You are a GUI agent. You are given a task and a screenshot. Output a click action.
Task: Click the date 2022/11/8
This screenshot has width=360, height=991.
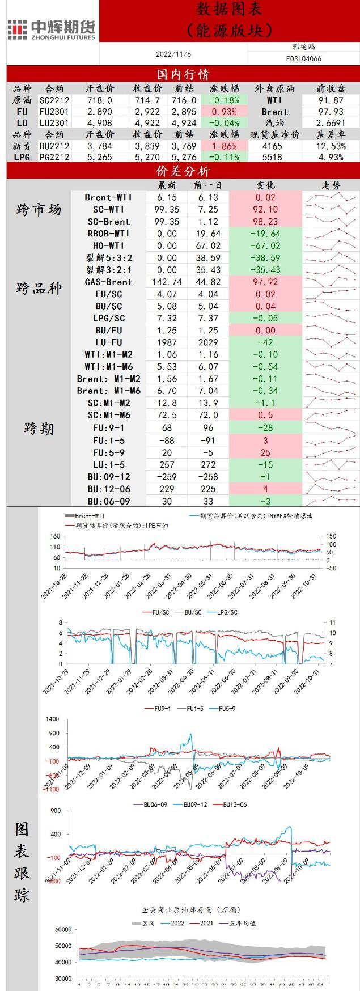pyautogui.click(x=173, y=54)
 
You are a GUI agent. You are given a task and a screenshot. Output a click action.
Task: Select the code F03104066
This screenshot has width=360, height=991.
pyautogui.click(x=303, y=58)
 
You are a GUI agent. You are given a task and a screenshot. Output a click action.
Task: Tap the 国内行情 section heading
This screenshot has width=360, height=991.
pyautogui.click(x=183, y=74)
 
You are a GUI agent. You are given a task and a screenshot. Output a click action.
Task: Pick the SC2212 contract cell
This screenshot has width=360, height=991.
pyautogui.click(x=54, y=100)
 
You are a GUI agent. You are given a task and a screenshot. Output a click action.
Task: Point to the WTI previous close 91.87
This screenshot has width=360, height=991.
pyautogui.click(x=331, y=100)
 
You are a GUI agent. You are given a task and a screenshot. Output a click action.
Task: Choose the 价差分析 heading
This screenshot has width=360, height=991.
pyautogui.click(x=183, y=171)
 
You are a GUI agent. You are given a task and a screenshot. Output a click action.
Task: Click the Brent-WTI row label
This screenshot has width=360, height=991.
pyautogui.click(x=108, y=197)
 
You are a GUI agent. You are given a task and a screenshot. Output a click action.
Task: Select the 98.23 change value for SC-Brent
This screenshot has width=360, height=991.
pyautogui.click(x=265, y=222)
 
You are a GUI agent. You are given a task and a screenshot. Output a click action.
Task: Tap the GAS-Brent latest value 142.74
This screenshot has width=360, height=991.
pyautogui.click(x=167, y=282)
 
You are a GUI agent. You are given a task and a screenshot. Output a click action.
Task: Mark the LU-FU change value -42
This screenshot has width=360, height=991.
pyautogui.click(x=265, y=342)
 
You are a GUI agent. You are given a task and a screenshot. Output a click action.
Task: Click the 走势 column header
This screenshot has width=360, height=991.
pyautogui.click(x=331, y=185)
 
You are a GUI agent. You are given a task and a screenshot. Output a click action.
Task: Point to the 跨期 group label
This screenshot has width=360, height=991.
pyautogui.click(x=39, y=428)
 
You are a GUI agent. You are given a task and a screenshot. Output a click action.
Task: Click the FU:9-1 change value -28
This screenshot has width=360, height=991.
pyautogui.click(x=265, y=427)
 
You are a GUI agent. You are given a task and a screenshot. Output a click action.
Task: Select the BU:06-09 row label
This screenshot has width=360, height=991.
pyautogui.click(x=108, y=501)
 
